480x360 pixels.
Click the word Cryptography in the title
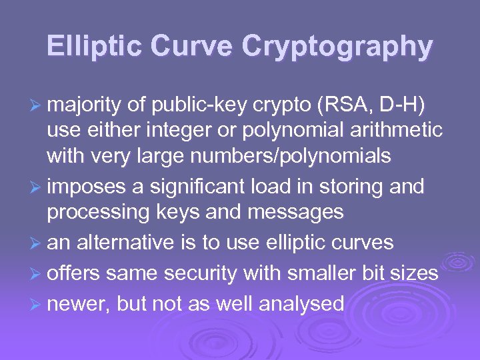point(337,47)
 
